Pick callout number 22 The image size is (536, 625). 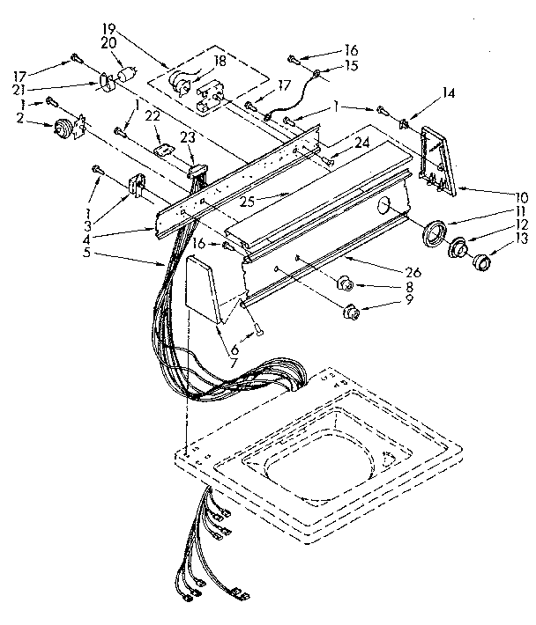(x=151, y=116)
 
